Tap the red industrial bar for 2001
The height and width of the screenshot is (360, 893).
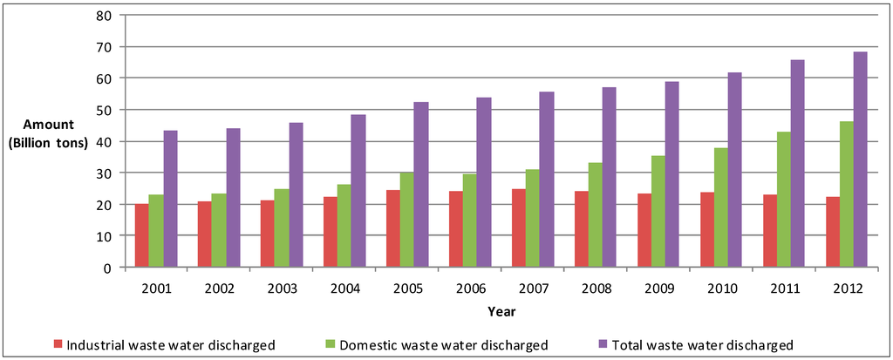[x=141, y=235]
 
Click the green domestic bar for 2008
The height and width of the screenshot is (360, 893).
[x=595, y=215]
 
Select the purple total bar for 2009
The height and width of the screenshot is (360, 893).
[x=671, y=174]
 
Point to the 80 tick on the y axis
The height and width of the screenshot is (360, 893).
[x=104, y=15]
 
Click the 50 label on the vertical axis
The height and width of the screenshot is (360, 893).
[x=104, y=110]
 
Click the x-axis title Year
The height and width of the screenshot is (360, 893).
[x=501, y=309]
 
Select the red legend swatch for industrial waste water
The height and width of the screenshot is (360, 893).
[x=58, y=344]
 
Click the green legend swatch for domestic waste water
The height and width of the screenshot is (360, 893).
[x=331, y=344]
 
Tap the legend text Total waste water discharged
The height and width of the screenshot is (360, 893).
[x=703, y=344]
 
